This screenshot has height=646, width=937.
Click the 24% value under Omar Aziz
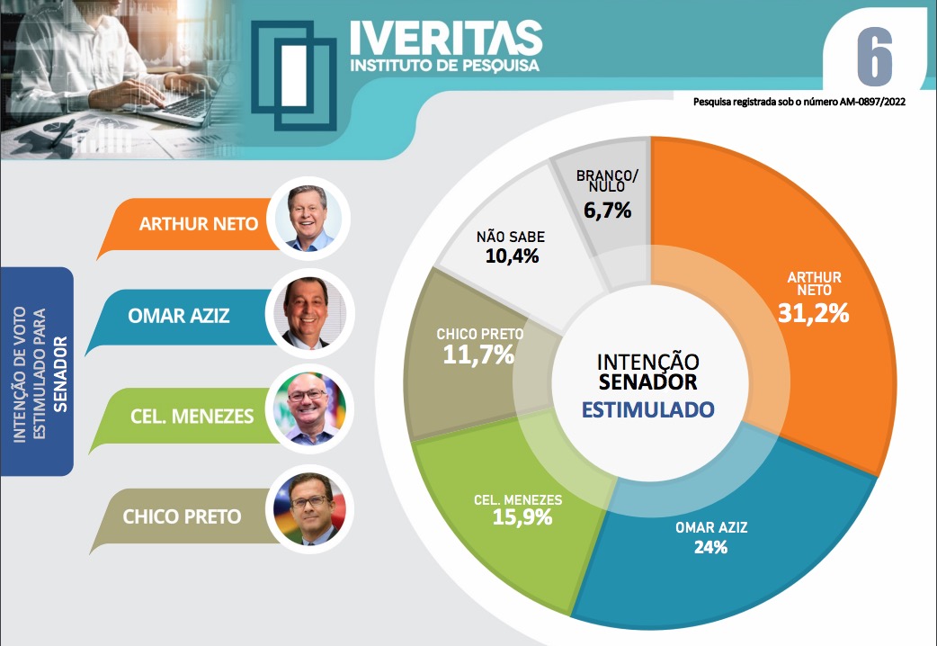[710, 546]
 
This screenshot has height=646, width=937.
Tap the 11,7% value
[478, 354]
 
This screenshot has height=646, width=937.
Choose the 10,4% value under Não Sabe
[512, 257]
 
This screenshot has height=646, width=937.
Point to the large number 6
[874, 57]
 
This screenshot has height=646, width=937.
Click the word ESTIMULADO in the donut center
[648, 410]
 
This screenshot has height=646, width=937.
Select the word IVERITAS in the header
[446, 38]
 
